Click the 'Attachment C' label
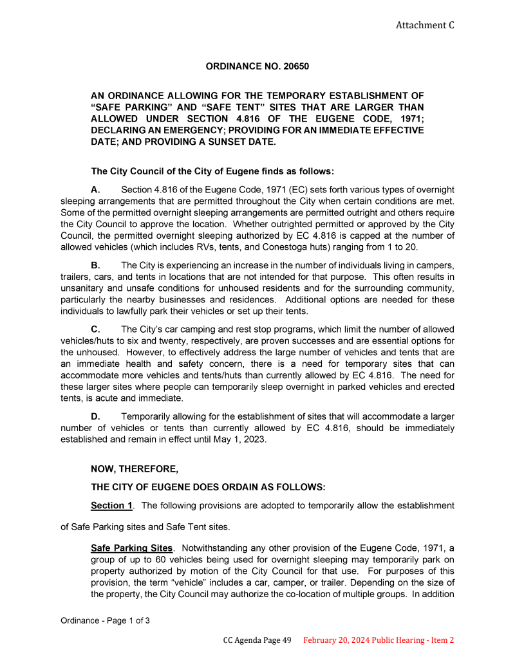pos(424,25)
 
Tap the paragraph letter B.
pos(95,265)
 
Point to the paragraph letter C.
pos(95,329)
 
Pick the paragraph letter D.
pos(95,416)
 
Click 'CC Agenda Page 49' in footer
pos(257,640)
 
